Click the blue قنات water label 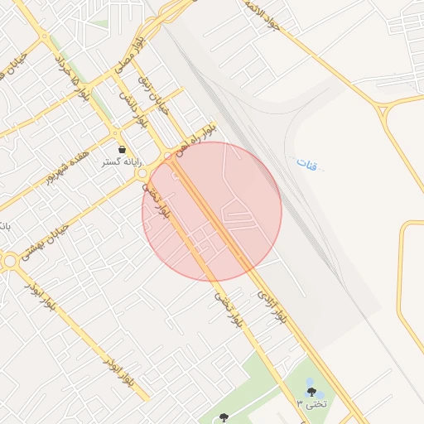pyautogui.click(x=306, y=164)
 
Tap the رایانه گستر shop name pyautogui.click(x=122, y=162)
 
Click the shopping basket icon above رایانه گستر pyautogui.click(x=122, y=150)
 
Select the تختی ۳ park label pyautogui.click(x=312, y=403)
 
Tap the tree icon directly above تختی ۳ pyautogui.click(x=311, y=392)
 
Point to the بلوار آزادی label pyautogui.click(x=272, y=305)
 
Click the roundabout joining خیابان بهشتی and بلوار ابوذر pyautogui.click(x=10, y=262)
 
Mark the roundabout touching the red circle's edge pyautogui.click(x=143, y=175)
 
